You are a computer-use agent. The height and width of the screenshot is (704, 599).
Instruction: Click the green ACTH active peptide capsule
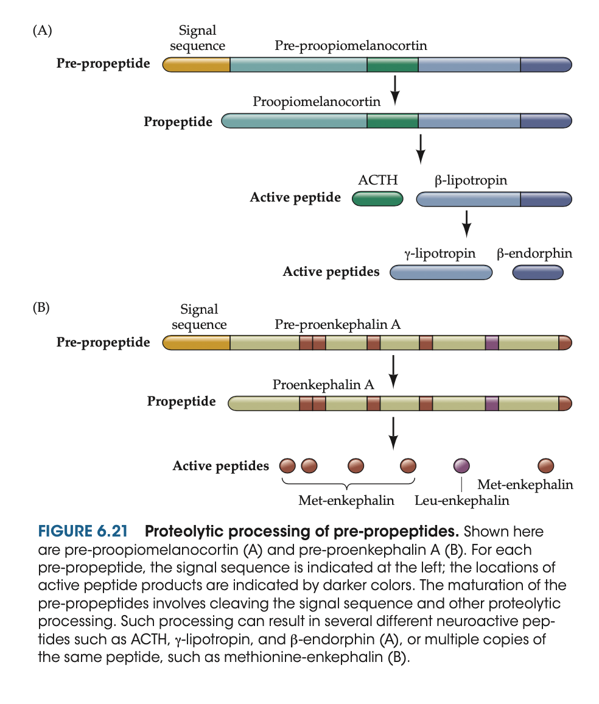pyautogui.click(x=377, y=199)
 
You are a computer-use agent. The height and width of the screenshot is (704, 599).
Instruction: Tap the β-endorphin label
pyautogui.click(x=534, y=253)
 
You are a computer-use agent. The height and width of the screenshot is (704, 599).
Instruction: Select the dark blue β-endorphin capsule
pyautogui.click(x=538, y=273)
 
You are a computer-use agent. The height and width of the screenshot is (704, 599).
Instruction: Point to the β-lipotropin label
pyautogui.click(x=471, y=180)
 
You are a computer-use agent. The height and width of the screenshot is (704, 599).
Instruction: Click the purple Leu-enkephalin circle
pyautogui.click(x=462, y=466)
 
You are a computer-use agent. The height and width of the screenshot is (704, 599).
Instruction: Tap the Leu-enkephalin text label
pyautogui.click(x=461, y=501)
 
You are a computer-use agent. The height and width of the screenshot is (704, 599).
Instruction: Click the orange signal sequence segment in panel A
pyautogui.click(x=197, y=65)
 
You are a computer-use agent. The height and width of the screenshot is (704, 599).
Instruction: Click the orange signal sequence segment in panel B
pyautogui.click(x=197, y=343)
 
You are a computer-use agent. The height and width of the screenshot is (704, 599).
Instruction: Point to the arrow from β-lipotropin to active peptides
pyautogui.click(x=466, y=224)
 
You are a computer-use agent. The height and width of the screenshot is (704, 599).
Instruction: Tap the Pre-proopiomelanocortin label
pyautogui.click(x=351, y=46)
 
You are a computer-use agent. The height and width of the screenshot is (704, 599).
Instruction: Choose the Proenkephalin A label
pyautogui.click(x=323, y=384)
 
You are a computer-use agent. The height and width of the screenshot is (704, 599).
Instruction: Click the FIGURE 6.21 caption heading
pyautogui.click(x=82, y=531)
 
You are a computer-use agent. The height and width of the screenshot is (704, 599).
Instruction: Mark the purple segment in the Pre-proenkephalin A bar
pyautogui.click(x=492, y=343)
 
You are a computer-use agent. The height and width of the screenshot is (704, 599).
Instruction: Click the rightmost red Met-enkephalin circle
pyautogui.click(x=546, y=466)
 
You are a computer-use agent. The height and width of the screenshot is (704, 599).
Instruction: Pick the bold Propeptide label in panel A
pyautogui.click(x=178, y=122)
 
